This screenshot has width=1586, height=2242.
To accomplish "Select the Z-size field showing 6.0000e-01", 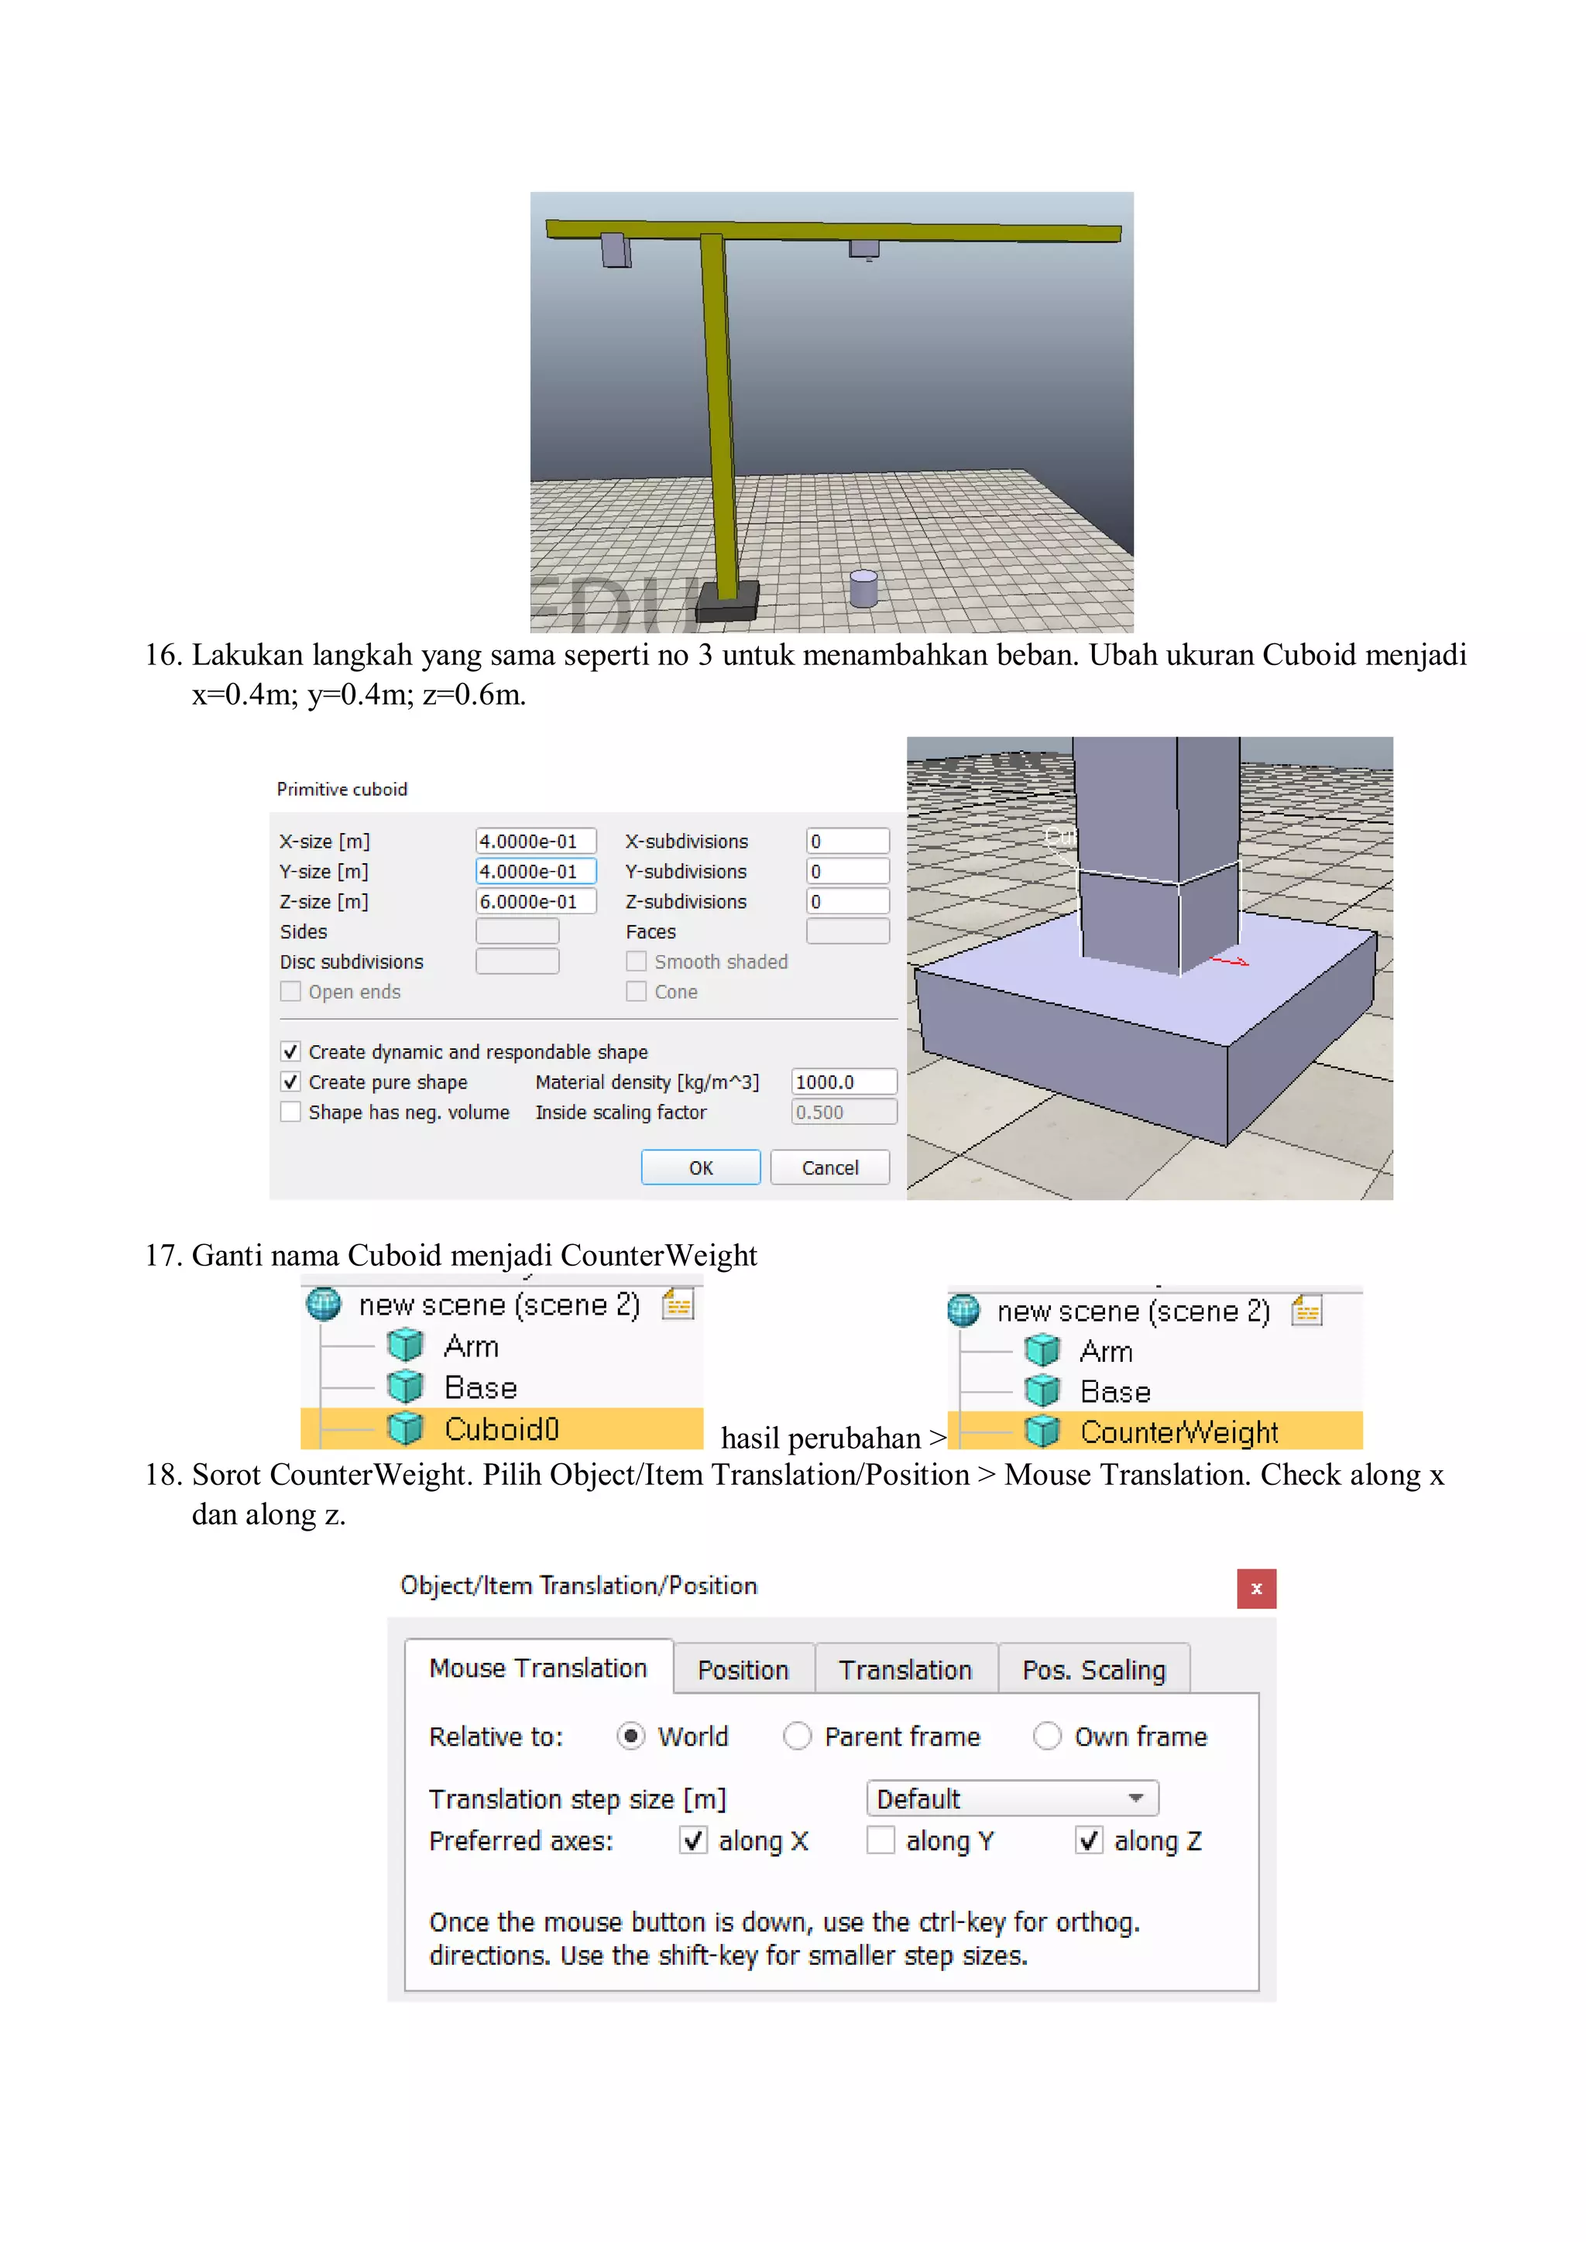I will [x=535, y=901].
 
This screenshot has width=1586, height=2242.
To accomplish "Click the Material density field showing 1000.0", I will [x=843, y=1082].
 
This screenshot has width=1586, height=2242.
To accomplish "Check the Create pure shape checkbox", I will [x=290, y=1082].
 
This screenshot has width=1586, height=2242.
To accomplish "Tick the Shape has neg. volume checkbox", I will [x=290, y=1112].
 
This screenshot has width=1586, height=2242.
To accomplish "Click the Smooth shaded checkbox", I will [x=637, y=962].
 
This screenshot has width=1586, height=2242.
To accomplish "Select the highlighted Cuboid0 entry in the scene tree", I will [x=501, y=1428].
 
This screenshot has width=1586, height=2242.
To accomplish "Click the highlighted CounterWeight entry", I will [x=1178, y=1431].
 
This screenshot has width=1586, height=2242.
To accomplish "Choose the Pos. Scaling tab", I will [x=1093, y=1670].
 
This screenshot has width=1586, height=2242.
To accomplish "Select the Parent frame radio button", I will [x=797, y=1736].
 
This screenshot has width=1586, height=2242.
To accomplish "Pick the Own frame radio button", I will [x=1047, y=1736].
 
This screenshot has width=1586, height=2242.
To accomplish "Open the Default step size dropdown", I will [x=1011, y=1798].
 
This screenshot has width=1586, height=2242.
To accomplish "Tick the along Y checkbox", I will [x=881, y=1841].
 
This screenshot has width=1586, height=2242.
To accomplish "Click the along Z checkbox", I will [x=1089, y=1841].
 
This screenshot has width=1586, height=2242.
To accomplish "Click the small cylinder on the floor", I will [x=863, y=589].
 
